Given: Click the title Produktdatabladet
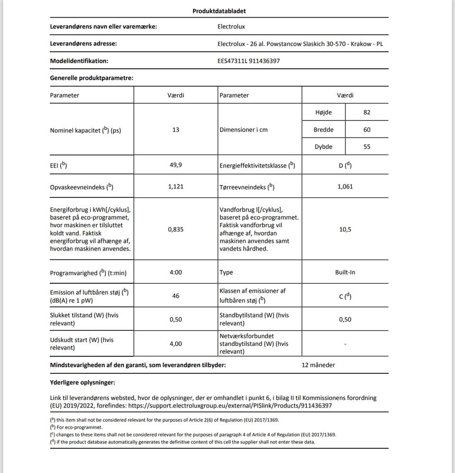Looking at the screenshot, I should [x=219, y=11].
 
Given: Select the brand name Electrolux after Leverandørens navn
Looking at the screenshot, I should [x=231, y=27].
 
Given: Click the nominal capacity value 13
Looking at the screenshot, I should [x=176, y=130].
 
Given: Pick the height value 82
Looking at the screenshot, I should [x=367, y=112].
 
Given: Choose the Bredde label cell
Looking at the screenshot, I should [x=323, y=130].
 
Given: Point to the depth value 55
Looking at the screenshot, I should [x=367, y=147].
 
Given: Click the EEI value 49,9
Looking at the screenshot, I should [x=175, y=165].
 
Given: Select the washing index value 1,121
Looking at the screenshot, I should [x=175, y=186].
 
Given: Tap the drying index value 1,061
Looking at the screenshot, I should [x=345, y=186].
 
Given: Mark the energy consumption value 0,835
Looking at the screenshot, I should [x=175, y=229].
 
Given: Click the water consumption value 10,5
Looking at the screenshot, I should [x=345, y=229].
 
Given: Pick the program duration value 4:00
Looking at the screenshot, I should [x=175, y=272].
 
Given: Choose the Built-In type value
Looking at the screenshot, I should [x=345, y=272].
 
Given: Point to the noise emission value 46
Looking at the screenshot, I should [x=176, y=296].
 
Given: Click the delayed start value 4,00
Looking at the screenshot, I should [x=175, y=343].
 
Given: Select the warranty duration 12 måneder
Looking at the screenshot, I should [x=318, y=365].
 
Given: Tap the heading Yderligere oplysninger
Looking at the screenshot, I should [x=82, y=382].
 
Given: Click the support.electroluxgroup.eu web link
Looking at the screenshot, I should [x=229, y=406].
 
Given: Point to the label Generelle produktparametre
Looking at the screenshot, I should [x=91, y=78].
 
